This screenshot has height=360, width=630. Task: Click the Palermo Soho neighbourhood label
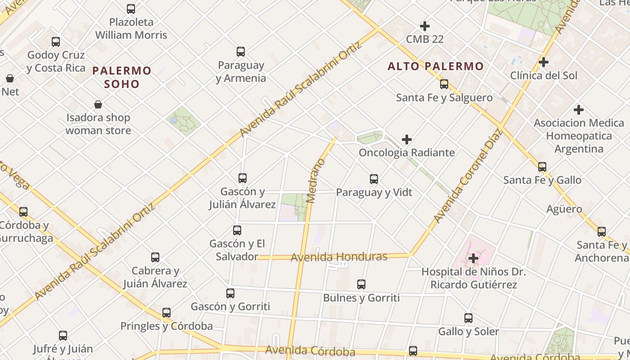(122, 77)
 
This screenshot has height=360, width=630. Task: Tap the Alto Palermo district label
(436, 67)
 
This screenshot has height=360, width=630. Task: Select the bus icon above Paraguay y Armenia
(241, 52)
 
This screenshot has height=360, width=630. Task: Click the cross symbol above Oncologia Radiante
(407, 139)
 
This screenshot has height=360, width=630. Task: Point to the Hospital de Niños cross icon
(473, 258)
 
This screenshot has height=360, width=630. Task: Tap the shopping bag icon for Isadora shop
(98, 105)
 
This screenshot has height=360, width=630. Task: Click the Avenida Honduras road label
(339, 257)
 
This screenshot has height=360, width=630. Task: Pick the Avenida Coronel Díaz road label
(468, 175)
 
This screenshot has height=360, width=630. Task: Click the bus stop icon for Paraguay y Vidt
(374, 179)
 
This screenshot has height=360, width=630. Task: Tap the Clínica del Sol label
(544, 75)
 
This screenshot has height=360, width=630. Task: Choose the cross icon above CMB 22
(425, 26)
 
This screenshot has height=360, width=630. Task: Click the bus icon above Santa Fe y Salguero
(444, 84)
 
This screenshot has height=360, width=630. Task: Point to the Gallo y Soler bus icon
(468, 318)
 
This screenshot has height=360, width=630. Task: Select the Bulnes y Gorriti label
(361, 297)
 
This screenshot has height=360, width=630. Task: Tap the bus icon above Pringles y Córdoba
(166, 313)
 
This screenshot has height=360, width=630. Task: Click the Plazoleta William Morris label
(131, 28)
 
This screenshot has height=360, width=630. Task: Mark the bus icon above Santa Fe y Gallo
(542, 167)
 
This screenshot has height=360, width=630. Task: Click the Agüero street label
(564, 209)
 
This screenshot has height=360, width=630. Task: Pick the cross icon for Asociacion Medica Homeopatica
(579, 109)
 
